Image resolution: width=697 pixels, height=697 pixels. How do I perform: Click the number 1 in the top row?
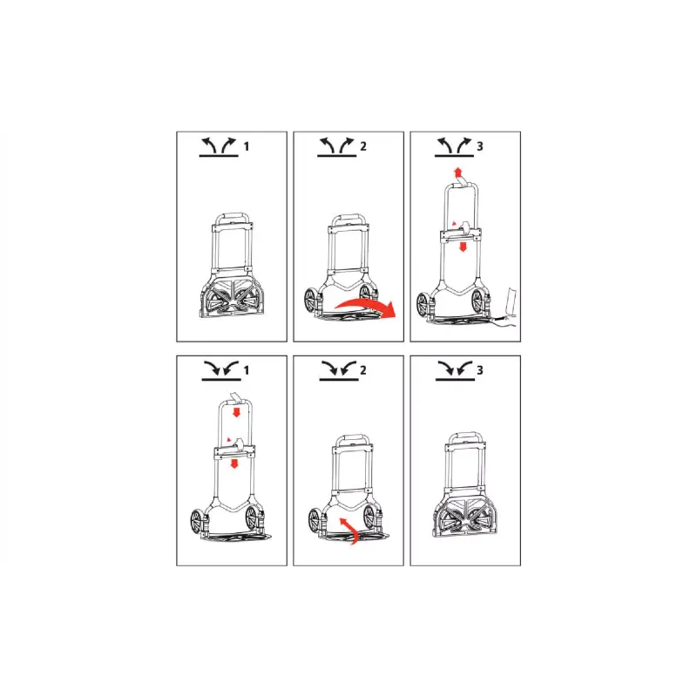(x=247, y=146)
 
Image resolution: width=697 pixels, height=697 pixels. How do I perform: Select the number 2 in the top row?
(x=363, y=146)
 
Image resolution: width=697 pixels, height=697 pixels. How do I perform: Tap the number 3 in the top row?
(x=480, y=146)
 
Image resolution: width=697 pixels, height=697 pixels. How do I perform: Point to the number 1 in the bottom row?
(x=247, y=370)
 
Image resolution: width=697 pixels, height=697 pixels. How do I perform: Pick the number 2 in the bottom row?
(x=363, y=370)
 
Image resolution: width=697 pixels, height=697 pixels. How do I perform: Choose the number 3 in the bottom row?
(x=480, y=370)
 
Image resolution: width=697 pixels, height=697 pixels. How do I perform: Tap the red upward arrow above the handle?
(x=457, y=173)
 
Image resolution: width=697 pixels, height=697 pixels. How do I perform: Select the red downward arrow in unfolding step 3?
(x=463, y=247)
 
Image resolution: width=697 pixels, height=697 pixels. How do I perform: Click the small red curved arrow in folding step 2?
(x=351, y=529)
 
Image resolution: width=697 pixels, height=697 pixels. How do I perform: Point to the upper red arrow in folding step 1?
(x=236, y=411)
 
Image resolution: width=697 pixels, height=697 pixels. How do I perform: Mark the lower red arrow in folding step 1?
(x=234, y=464)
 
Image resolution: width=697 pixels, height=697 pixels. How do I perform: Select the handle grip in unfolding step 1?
(x=232, y=216)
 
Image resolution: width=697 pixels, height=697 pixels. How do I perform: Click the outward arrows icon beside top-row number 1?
(x=219, y=147)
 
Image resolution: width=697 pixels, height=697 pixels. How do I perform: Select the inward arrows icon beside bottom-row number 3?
(x=455, y=371)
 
